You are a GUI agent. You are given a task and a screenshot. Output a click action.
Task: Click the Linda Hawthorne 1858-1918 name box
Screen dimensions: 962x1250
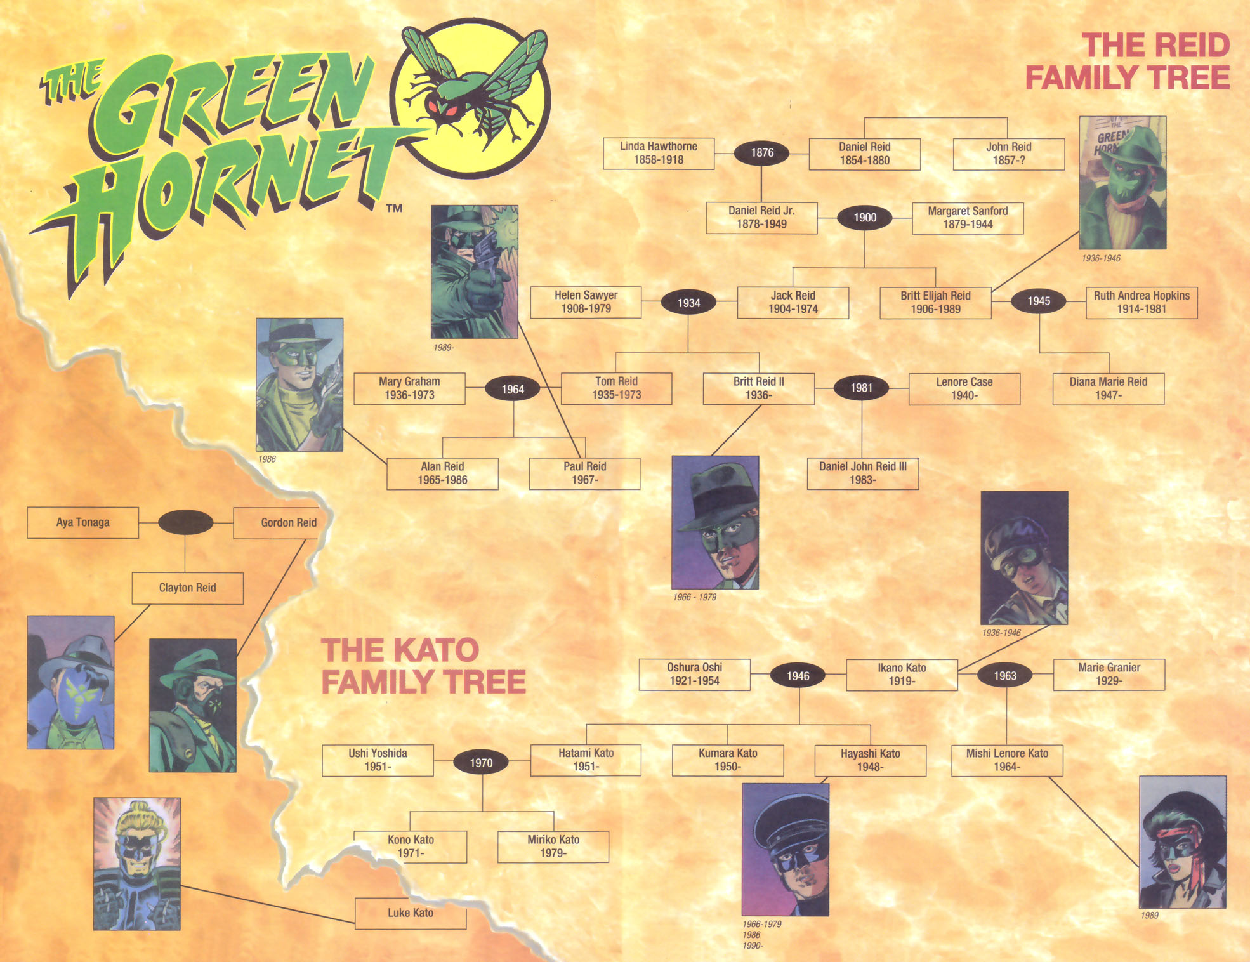point(658,154)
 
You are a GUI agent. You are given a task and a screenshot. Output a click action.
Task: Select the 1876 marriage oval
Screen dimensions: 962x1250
point(761,153)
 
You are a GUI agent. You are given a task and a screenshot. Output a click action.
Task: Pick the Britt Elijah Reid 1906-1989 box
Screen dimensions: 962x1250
point(935,303)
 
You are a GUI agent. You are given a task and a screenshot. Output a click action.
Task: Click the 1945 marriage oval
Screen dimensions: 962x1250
point(1038,301)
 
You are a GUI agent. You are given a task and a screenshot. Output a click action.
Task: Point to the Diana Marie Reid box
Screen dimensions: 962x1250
point(1108,388)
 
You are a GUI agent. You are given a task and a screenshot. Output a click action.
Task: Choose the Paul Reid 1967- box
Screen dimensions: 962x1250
point(584,473)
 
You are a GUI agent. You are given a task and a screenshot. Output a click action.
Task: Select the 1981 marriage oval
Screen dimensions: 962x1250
point(861,388)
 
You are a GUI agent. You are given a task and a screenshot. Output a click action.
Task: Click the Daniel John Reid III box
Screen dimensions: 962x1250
point(862,473)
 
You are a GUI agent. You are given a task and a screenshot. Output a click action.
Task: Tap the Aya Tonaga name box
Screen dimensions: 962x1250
point(82,522)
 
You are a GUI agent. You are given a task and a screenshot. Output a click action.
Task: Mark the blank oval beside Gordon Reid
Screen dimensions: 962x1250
point(185,522)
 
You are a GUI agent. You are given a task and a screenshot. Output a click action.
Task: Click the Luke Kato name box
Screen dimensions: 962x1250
point(411,913)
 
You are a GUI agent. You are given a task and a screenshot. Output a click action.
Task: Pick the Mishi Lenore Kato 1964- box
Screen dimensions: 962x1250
point(1006,760)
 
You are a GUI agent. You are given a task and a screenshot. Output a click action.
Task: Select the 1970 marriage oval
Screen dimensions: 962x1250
point(481,763)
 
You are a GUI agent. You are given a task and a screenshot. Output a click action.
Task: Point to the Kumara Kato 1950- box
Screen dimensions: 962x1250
point(727,760)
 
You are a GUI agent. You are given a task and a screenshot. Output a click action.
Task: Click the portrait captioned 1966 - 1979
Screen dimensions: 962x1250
point(715,522)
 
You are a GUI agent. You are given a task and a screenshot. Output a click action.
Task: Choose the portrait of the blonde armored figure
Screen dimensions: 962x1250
point(136,864)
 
